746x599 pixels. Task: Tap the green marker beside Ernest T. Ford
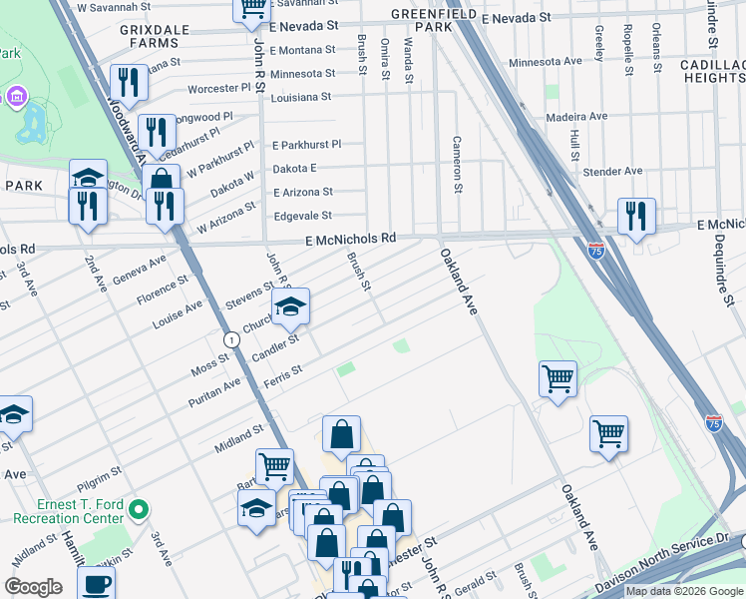[x=140, y=511]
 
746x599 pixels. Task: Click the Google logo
[x=33, y=587]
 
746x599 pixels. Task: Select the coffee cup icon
[x=96, y=583]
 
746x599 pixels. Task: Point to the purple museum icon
[x=17, y=97]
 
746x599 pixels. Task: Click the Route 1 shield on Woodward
[x=231, y=340]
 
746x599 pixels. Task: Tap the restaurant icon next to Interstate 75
[x=635, y=216]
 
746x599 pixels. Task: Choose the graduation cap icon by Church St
[x=290, y=305]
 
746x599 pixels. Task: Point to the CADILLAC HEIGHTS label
[x=710, y=71]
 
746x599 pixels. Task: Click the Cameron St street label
[x=458, y=165]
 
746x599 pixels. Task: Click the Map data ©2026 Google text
[x=684, y=591]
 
